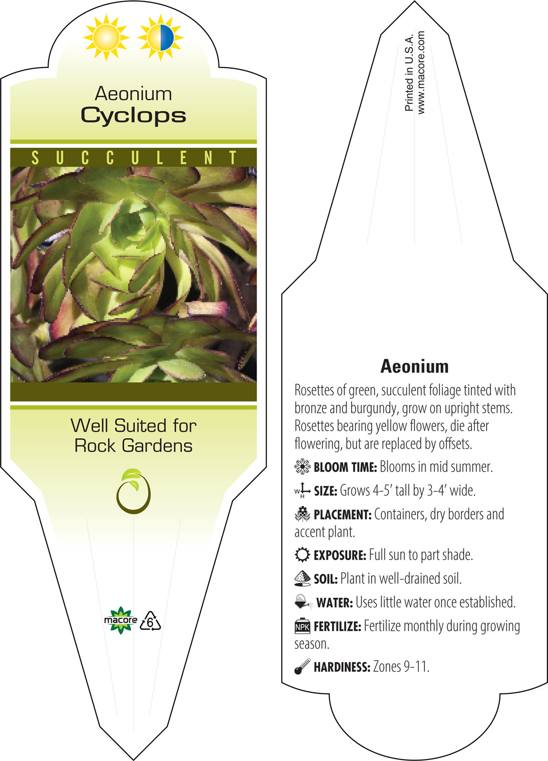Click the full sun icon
click(x=106, y=38)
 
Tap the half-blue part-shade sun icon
click(x=161, y=38)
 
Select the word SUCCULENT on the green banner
click(x=134, y=158)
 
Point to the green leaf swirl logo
click(x=133, y=491)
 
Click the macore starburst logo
click(x=121, y=620)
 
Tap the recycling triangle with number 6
click(x=150, y=621)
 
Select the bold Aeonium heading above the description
click(x=414, y=367)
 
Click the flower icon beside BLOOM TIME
click(x=302, y=466)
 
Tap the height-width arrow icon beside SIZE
click(x=302, y=490)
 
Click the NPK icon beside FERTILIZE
click(x=302, y=626)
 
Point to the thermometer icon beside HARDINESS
click(x=302, y=666)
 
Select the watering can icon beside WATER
click(x=303, y=602)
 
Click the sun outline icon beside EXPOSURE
click(x=302, y=555)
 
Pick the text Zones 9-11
click(x=401, y=666)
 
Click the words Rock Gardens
click(x=133, y=445)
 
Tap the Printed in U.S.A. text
click(x=409, y=72)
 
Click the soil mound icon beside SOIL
click(x=302, y=578)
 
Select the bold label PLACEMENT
click(x=343, y=515)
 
